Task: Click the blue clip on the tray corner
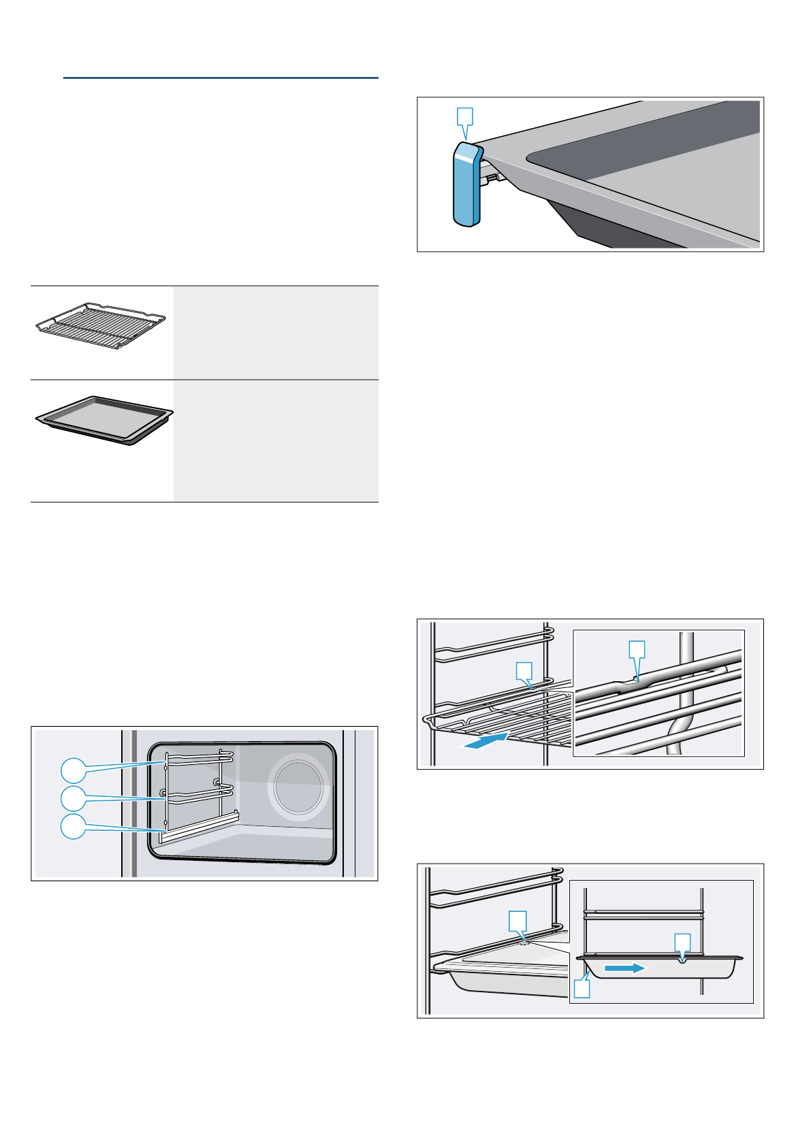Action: [x=466, y=185]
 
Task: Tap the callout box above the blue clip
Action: [x=465, y=116]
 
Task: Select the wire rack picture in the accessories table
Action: [x=101, y=326]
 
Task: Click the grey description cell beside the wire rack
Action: [x=276, y=333]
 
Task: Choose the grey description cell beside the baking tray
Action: [x=276, y=441]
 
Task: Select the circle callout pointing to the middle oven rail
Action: [x=74, y=798]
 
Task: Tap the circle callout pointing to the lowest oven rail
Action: [x=74, y=825]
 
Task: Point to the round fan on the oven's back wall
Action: [x=298, y=787]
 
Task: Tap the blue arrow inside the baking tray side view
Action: [x=624, y=968]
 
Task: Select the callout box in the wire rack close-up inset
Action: [x=637, y=649]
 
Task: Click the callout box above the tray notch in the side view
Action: [x=682, y=943]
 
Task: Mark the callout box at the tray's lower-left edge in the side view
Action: [x=582, y=988]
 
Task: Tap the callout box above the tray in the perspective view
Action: [x=518, y=921]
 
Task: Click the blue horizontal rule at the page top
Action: [x=221, y=78]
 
